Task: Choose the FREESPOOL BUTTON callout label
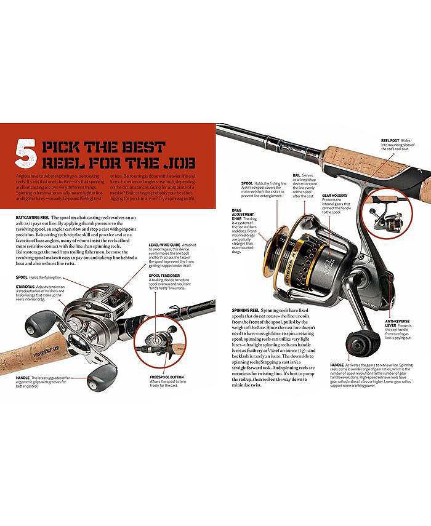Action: [167, 376]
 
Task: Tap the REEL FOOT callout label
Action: [391, 140]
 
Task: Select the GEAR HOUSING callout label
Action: [336, 196]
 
